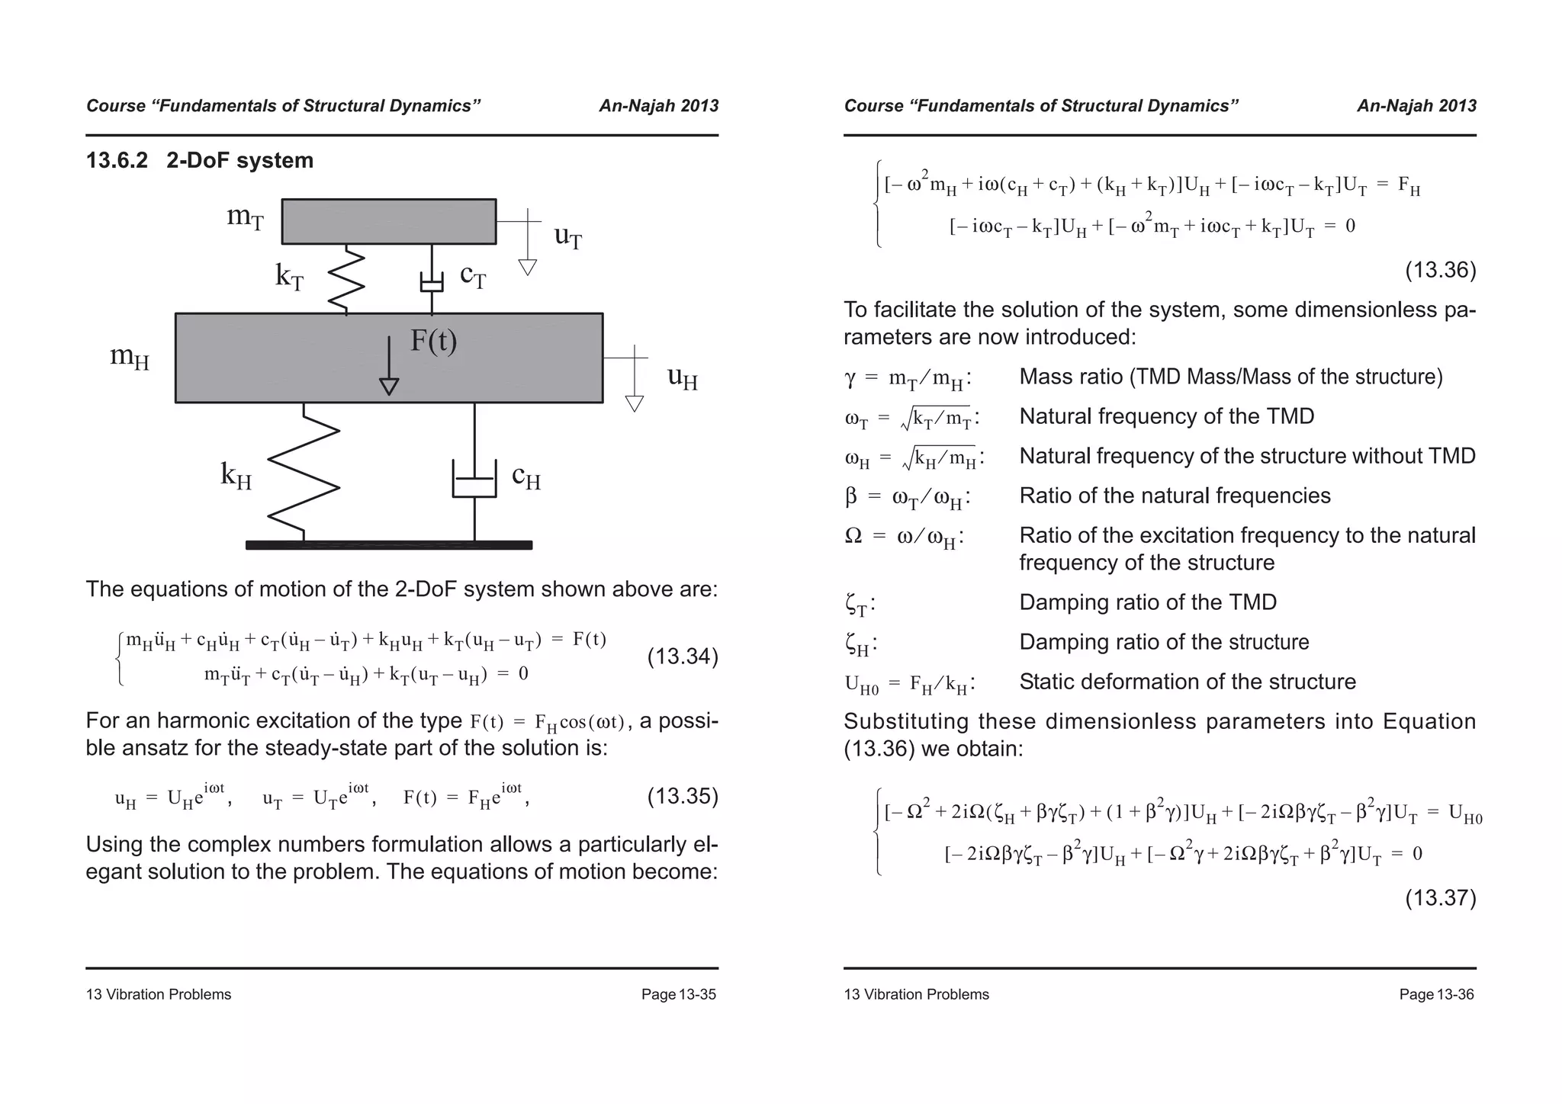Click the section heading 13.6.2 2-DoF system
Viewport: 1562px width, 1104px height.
pos(200,161)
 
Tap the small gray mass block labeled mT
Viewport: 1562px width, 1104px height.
pos(388,221)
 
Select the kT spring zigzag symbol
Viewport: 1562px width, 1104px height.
pos(346,279)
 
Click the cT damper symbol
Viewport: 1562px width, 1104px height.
pos(432,281)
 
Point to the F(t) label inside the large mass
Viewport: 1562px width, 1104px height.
pos(433,340)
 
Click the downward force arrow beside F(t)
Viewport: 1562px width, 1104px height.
pos(389,366)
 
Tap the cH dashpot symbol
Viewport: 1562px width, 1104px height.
pos(474,478)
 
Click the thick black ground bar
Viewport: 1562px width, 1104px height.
pos(388,545)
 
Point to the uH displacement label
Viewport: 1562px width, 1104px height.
pos(682,377)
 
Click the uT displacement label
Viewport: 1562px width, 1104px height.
pos(568,236)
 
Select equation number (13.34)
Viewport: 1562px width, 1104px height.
pos(682,656)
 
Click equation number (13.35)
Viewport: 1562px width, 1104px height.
pos(682,797)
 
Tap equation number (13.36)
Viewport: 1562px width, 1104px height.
pos(1440,270)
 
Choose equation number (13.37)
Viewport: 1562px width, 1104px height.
pos(1440,897)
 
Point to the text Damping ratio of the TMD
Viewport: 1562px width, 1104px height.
pos(1148,602)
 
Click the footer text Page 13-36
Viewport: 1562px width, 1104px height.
pos(1436,994)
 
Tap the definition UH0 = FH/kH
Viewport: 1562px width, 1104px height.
pos(909,683)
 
